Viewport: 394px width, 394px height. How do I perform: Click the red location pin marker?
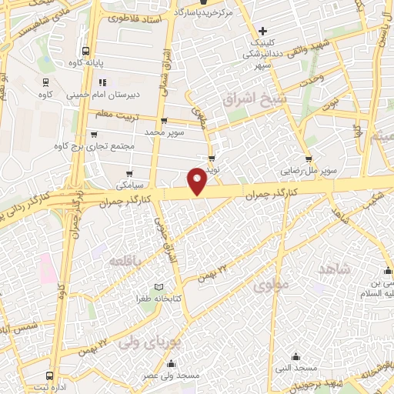[x=198, y=179]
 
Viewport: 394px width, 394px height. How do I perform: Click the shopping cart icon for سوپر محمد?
[x=164, y=121]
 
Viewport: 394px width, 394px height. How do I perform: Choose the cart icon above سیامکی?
[x=129, y=173]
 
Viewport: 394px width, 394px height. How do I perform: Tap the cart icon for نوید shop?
[x=212, y=159]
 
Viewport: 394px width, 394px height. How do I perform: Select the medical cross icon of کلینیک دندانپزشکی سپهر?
[x=263, y=32]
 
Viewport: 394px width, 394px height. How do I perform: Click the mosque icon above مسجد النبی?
[x=297, y=356]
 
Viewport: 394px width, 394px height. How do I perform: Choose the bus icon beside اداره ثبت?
[x=50, y=376]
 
